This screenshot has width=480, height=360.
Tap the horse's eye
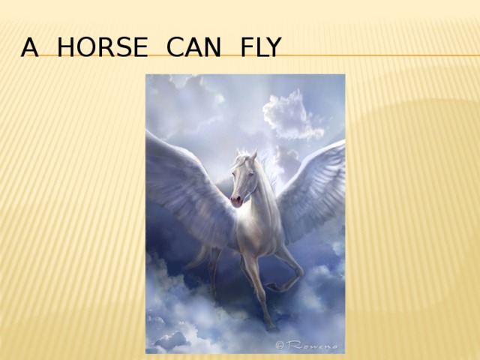(x=245, y=175)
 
